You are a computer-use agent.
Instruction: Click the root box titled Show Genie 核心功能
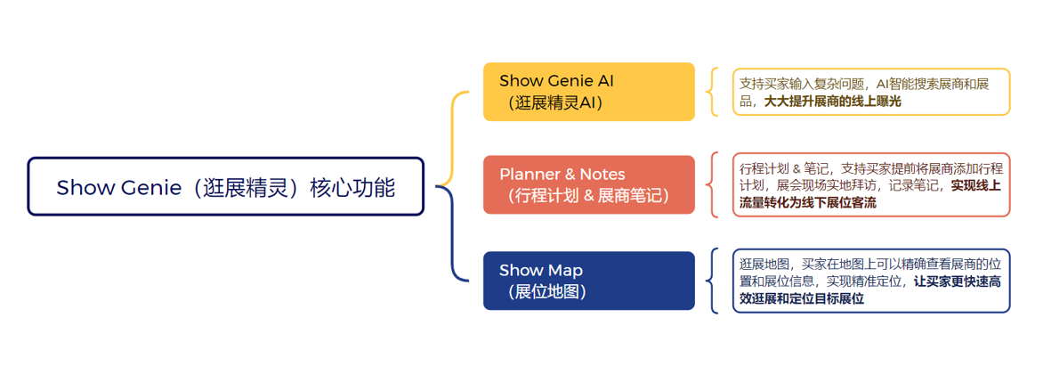pos(225,186)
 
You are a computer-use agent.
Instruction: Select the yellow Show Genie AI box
pos(588,91)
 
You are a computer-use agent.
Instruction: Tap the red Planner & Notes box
pos(588,184)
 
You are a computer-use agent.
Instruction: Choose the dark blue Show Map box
pos(588,281)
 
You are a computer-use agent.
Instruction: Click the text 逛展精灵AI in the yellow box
pos(554,103)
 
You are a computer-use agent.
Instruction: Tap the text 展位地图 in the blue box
pos(546,292)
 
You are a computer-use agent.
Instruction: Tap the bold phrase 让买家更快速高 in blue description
pos(958,281)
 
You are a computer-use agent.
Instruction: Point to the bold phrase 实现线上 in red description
pos(976,186)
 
